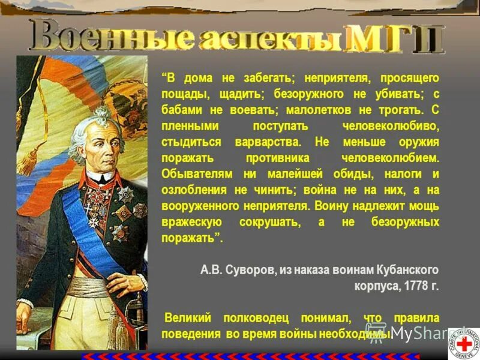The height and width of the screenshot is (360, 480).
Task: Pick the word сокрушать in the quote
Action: coord(271,222)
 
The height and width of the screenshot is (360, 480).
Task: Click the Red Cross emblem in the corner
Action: coord(464,343)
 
